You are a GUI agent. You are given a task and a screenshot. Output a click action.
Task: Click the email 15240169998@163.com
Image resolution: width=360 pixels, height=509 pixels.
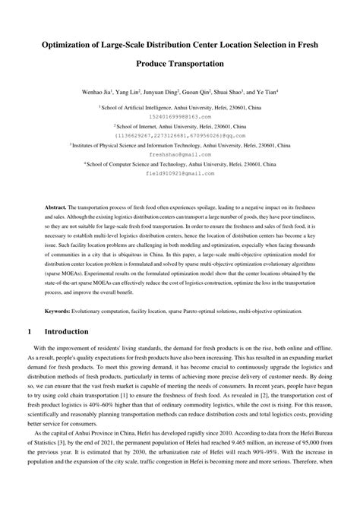[180, 116]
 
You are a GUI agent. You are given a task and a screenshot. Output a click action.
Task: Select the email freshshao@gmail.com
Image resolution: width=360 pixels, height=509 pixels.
[180, 153]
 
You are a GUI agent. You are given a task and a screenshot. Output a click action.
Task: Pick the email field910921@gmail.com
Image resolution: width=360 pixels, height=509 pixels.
[180, 172]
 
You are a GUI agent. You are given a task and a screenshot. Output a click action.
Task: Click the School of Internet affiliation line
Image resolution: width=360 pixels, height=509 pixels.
[180, 126]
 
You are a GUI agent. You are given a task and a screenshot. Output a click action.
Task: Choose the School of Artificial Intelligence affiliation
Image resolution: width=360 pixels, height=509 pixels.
[180, 108]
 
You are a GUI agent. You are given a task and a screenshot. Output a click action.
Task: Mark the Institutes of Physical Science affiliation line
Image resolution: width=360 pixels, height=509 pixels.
[180, 144]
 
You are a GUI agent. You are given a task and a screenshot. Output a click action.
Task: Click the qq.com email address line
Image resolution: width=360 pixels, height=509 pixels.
[180, 135]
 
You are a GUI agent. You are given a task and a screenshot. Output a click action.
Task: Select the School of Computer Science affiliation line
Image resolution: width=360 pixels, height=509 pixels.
[180, 163]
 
